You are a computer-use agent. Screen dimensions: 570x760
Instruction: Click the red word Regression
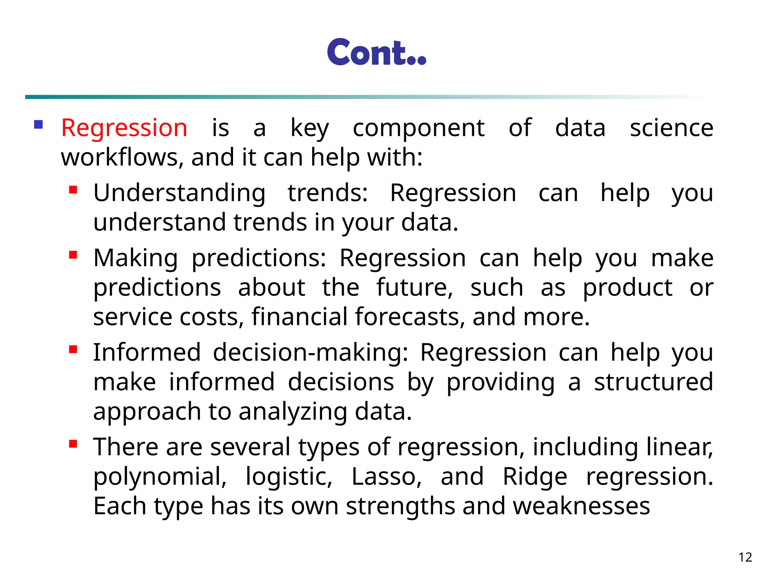124,128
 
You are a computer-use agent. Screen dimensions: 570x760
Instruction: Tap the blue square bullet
38,124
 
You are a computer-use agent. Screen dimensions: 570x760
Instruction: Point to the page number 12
745,557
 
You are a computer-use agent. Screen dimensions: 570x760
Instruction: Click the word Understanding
179,193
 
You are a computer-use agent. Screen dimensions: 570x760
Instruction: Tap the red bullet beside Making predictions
73,255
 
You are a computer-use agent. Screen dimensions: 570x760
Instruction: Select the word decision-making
310,352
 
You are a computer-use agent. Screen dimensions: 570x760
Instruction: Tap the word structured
653,382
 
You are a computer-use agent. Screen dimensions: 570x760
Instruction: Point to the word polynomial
160,477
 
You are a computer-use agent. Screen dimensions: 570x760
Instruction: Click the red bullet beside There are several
73,444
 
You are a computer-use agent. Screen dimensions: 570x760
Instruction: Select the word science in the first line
671,128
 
